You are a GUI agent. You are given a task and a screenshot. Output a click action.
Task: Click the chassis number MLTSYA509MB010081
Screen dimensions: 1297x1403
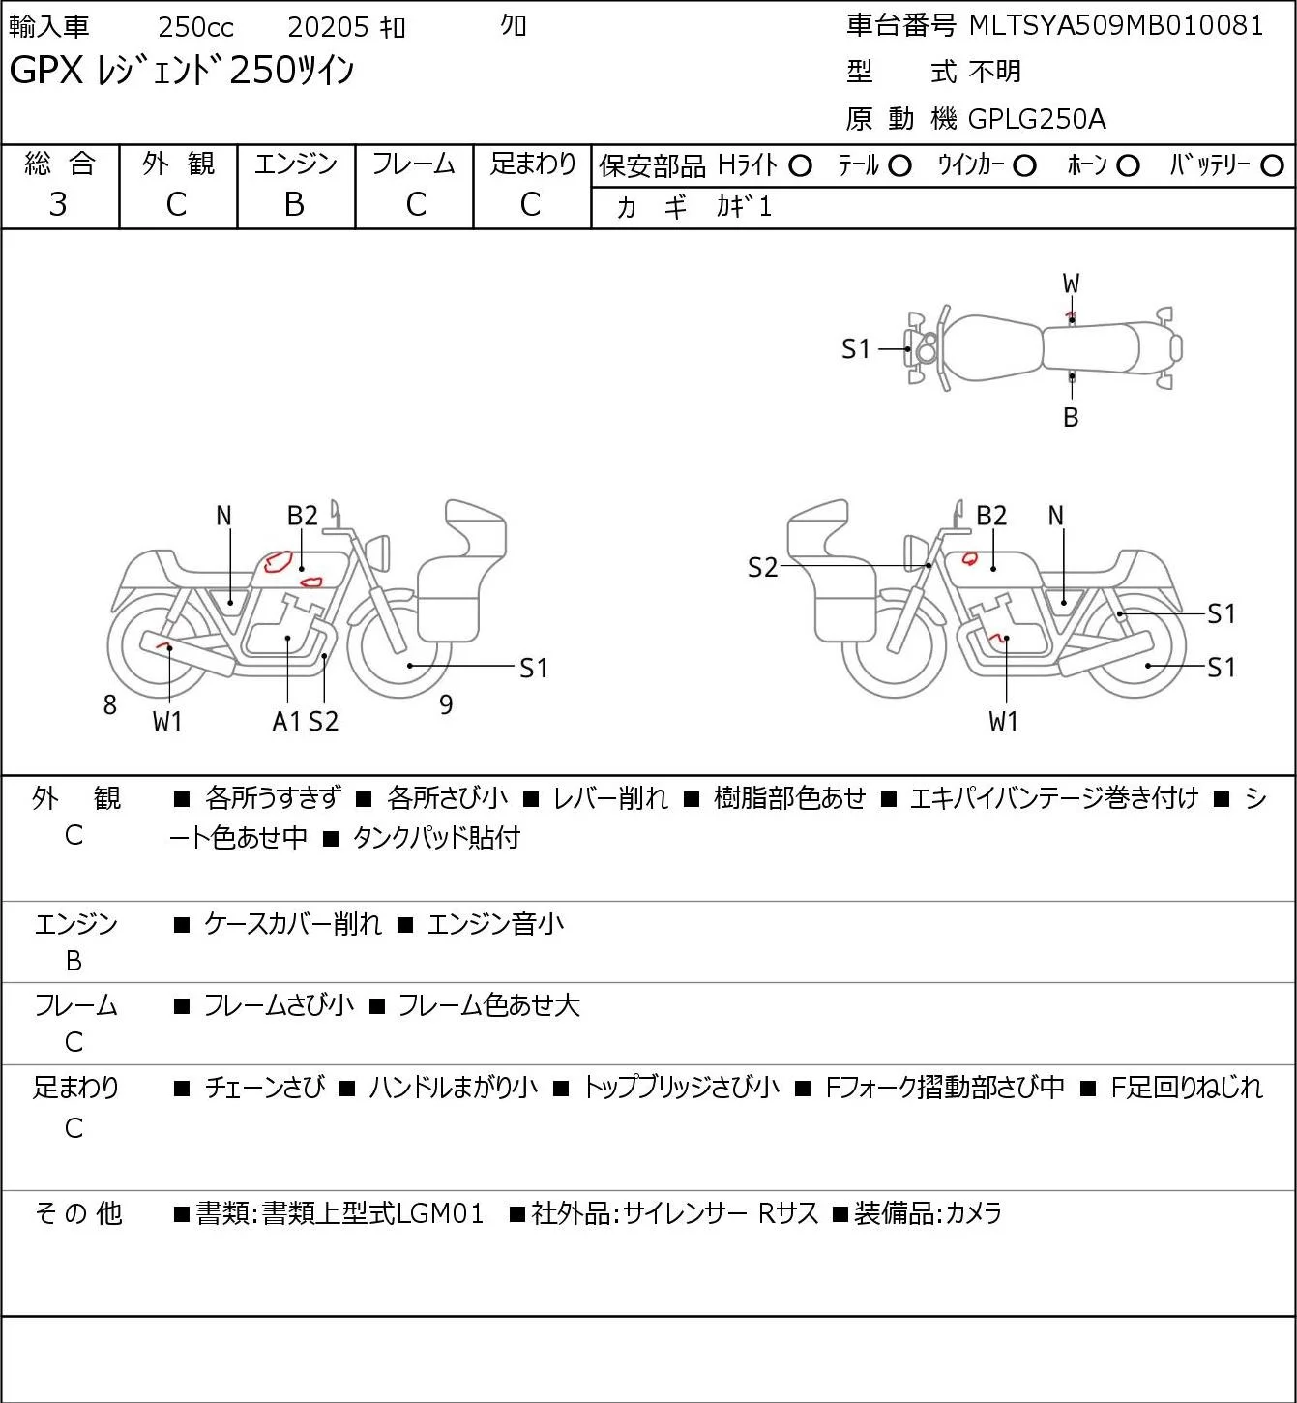coord(1116,25)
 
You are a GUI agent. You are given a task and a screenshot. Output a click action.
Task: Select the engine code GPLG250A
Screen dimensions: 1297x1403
coord(1037,119)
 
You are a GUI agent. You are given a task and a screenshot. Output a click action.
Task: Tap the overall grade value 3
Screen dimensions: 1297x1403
coord(58,205)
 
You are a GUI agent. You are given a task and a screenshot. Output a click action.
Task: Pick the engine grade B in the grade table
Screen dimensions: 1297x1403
coord(295,205)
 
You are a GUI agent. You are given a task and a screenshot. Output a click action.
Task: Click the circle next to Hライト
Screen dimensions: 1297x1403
coord(801,166)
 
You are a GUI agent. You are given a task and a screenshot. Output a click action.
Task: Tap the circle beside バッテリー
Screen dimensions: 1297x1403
coord(1272,166)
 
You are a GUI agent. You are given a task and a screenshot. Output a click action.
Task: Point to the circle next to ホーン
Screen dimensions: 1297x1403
coord(1128,166)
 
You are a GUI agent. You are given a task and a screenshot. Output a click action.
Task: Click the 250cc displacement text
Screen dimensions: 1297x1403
coord(195,27)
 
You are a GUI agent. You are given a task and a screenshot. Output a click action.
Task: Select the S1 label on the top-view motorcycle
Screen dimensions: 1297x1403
coord(856,349)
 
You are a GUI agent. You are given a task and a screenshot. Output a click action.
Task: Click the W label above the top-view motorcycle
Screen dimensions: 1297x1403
coord(1071,284)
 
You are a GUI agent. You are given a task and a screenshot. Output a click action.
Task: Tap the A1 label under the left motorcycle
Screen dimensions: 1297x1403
coord(287,721)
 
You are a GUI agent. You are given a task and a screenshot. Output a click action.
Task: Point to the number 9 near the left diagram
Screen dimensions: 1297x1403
coord(446,704)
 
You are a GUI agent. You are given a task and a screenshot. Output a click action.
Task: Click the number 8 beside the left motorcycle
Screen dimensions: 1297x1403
coord(109,704)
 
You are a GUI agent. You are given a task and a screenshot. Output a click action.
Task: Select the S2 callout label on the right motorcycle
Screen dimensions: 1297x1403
coord(762,567)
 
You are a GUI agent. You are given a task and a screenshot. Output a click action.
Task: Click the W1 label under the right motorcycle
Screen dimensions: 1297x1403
coord(1003,721)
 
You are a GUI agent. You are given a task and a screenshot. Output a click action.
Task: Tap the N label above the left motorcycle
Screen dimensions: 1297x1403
coord(224,517)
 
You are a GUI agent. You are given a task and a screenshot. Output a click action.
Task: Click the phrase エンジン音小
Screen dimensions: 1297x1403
coord(495,924)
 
